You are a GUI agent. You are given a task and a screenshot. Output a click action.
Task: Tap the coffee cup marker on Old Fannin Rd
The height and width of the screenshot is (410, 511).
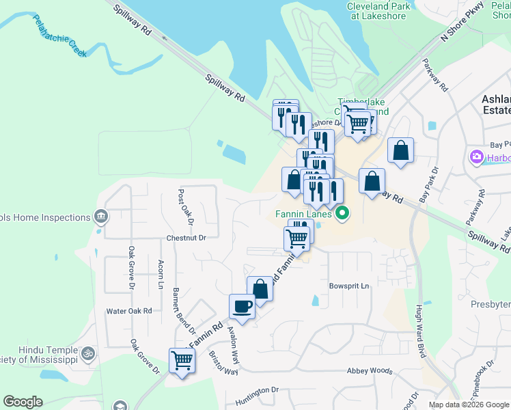242,306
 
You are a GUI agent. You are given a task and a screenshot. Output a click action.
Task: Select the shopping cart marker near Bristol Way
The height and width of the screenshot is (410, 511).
182,360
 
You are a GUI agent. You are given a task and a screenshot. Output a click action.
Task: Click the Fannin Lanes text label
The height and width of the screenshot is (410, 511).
304,214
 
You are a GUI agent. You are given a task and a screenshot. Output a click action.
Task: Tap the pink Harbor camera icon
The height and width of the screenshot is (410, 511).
476,158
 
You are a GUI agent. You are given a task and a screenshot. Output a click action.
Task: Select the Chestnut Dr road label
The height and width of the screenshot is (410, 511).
186,238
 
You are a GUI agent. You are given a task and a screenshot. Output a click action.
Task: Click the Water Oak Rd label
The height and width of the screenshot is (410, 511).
128,311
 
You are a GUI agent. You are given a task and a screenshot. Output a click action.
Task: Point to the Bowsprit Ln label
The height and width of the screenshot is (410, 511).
348,285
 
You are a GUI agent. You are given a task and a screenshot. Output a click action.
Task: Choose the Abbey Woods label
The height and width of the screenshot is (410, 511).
370,371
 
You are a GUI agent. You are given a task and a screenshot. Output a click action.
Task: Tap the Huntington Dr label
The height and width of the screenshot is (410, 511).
258,392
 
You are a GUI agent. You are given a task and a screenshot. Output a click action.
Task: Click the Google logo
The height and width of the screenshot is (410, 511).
23,402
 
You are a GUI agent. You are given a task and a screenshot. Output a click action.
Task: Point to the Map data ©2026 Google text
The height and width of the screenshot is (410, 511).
468,405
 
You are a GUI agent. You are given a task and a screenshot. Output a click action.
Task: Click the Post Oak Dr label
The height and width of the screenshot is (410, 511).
186,207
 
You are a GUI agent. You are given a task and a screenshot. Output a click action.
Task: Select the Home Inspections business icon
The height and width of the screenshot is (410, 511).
101,217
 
